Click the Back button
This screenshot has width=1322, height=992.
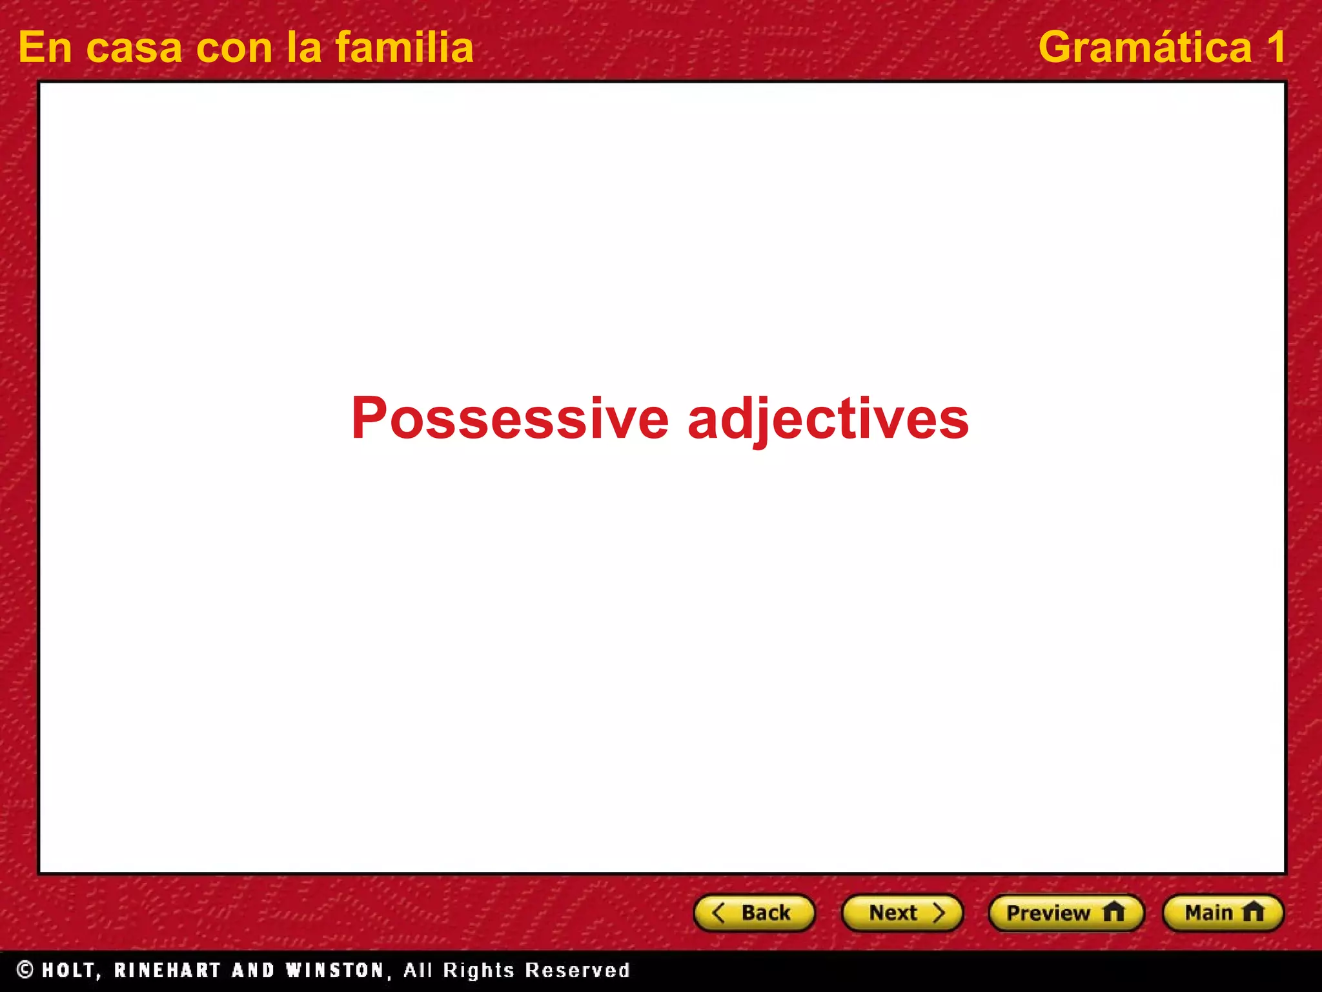(x=754, y=913)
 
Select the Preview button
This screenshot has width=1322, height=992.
(x=1066, y=913)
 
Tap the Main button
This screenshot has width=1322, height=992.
(x=1223, y=913)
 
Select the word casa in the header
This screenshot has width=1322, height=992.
(x=134, y=48)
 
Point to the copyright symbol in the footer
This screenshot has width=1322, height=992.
(x=25, y=969)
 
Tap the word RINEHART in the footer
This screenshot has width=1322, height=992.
(x=167, y=971)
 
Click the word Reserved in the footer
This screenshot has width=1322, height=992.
(x=577, y=970)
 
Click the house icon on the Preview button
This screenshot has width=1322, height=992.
(x=1114, y=912)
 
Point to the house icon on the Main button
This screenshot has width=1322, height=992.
(x=1253, y=912)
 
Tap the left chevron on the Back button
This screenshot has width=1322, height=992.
(x=718, y=913)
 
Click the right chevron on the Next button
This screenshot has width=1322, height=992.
(x=939, y=913)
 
